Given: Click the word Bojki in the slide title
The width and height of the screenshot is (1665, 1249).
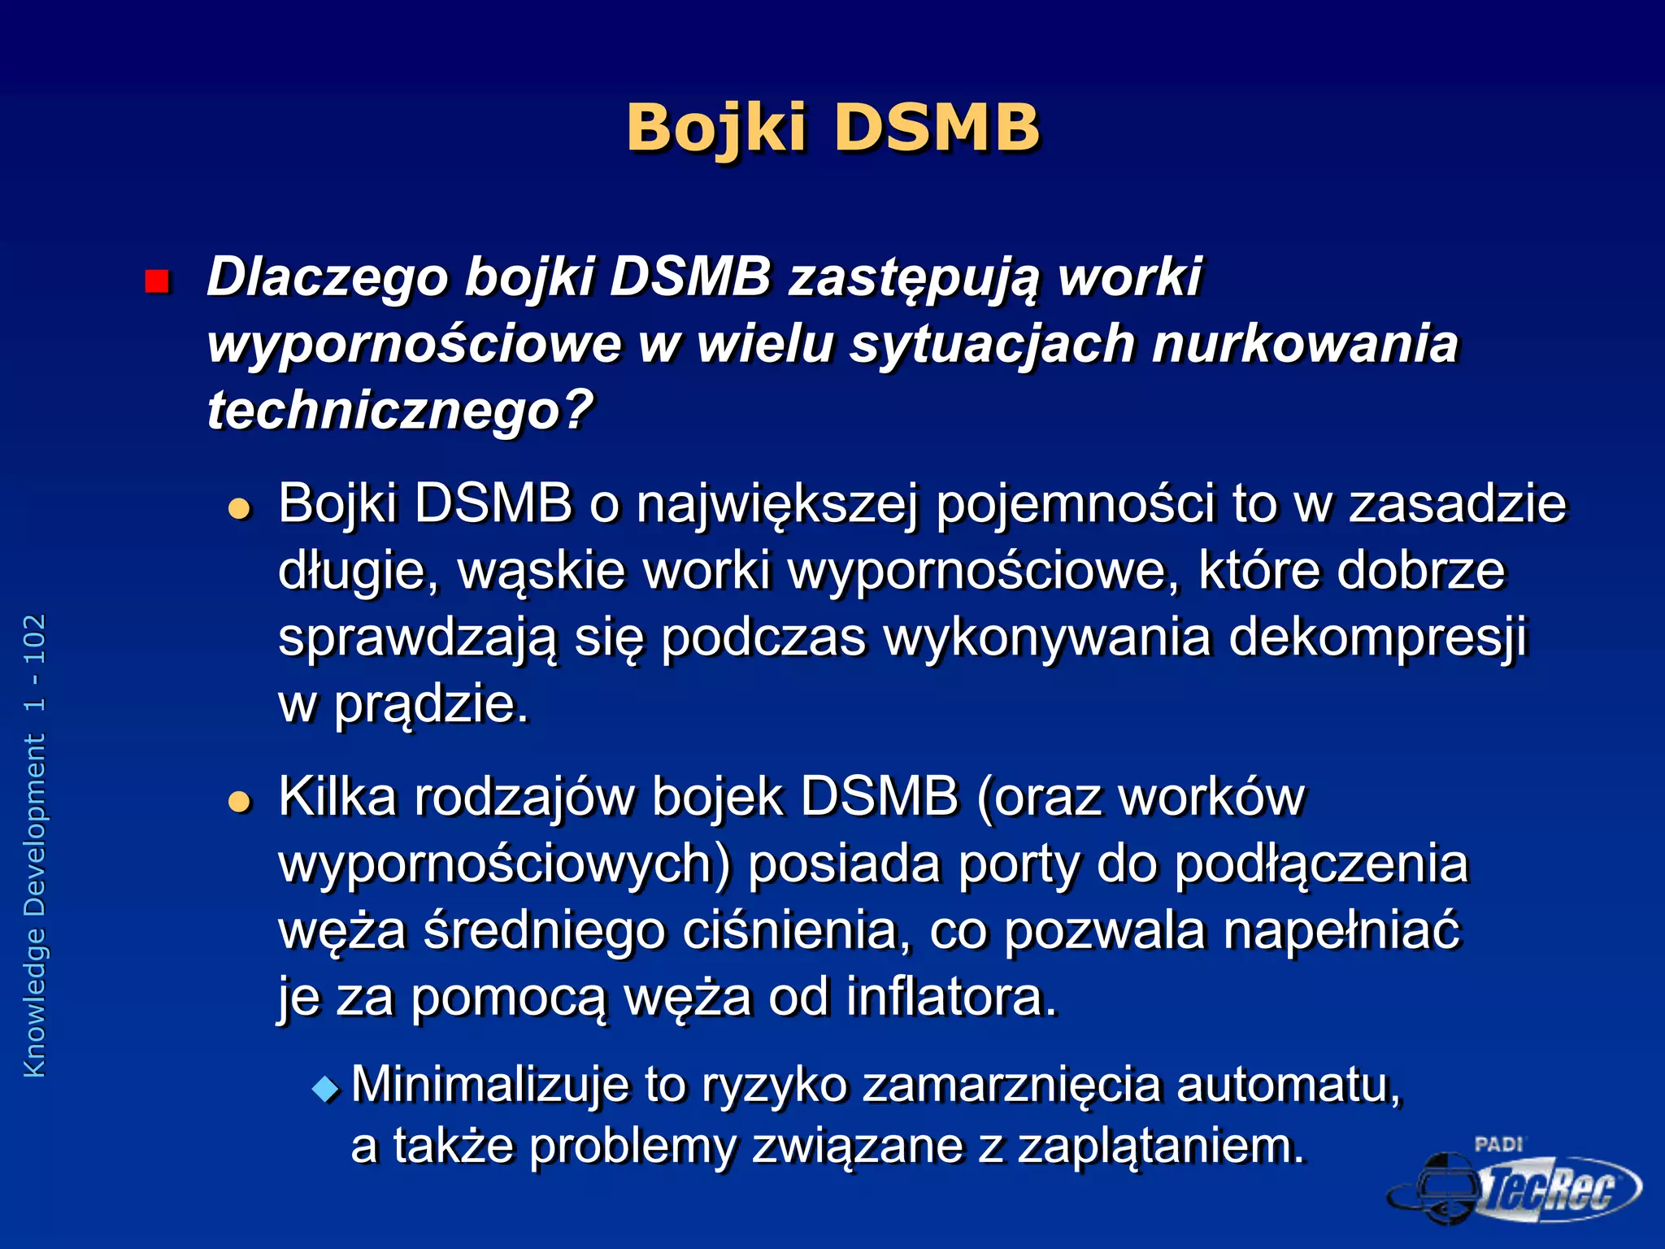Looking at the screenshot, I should point(715,128).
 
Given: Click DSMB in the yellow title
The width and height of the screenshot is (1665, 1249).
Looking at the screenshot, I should point(937,128).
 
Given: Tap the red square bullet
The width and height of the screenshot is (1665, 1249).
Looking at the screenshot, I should point(156,281).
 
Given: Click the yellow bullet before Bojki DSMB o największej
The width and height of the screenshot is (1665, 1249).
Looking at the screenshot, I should point(240,510).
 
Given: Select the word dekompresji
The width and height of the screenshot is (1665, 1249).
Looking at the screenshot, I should point(1378,638).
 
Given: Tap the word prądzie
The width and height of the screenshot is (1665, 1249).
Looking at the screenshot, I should point(431,704).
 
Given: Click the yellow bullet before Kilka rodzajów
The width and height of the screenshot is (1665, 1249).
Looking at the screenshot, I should point(240,803).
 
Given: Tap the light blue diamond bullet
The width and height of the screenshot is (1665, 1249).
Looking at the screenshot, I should point(327,1089).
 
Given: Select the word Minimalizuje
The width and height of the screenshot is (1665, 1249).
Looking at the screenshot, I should point(489,1085).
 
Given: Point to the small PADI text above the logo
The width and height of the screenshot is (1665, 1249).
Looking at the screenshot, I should point(1498,1144).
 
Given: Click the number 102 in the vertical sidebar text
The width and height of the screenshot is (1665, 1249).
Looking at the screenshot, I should point(35,638).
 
